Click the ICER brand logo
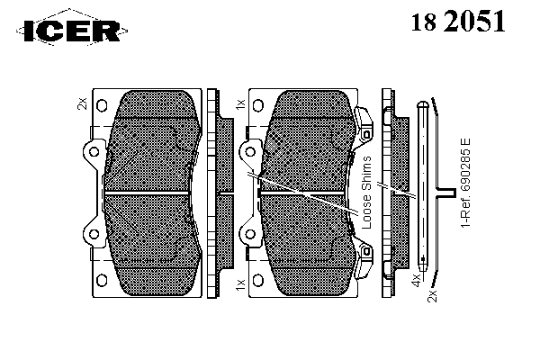tap(72, 31)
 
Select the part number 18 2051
tap(458, 21)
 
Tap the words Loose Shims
tap(367, 193)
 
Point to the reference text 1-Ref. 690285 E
tap(465, 183)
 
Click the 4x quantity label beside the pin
tap(417, 280)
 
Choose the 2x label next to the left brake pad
tap(82, 103)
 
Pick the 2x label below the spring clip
tap(432, 296)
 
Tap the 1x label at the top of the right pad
tap(240, 103)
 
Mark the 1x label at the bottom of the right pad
tap(240, 284)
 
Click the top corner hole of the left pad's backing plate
tap(102, 105)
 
